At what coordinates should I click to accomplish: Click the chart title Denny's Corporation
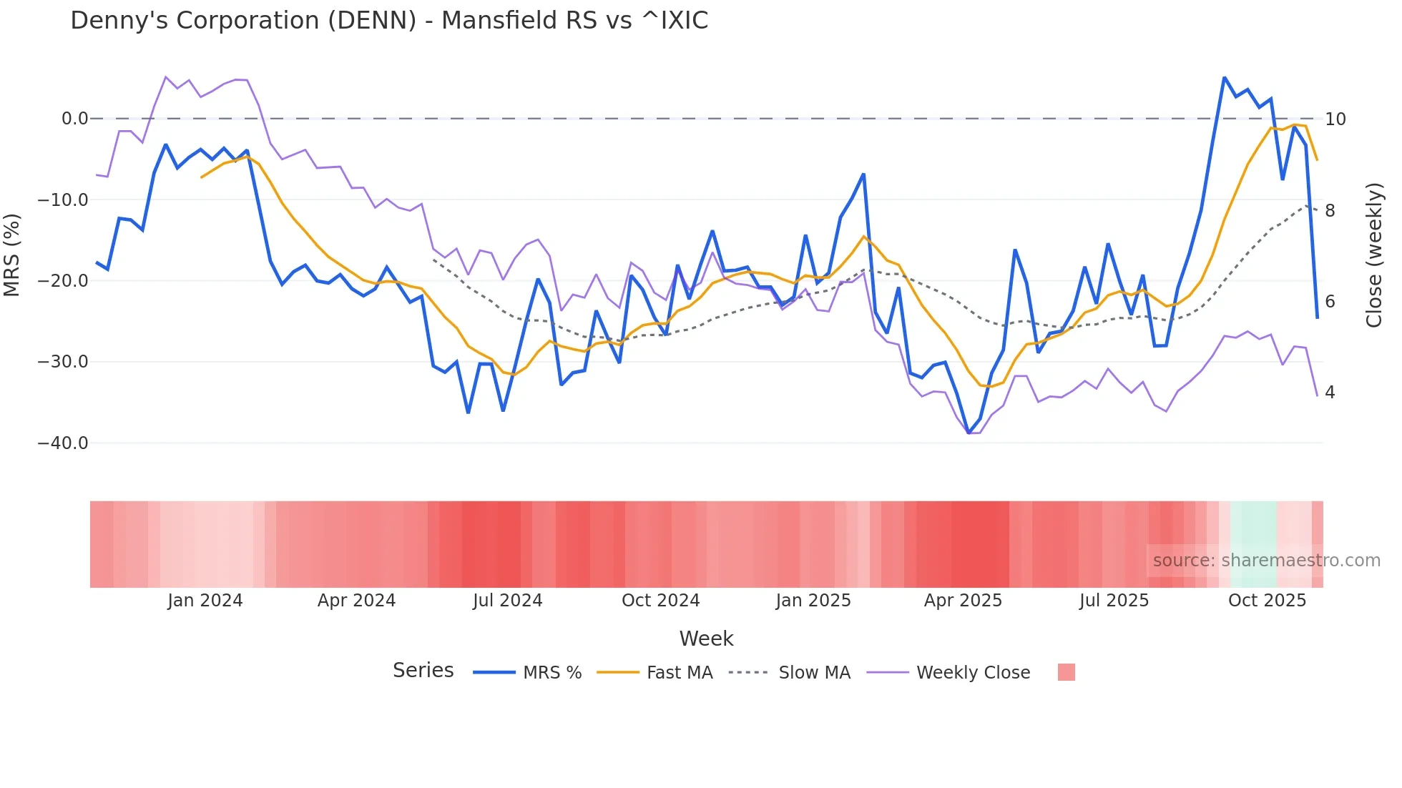point(388,21)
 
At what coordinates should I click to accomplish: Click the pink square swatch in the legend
point(1066,672)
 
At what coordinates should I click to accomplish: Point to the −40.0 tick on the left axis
point(63,443)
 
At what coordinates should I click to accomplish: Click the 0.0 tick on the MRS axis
point(74,119)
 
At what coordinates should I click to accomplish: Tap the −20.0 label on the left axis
point(63,281)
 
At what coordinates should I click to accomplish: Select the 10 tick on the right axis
point(1335,119)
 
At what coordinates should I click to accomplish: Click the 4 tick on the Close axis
point(1330,393)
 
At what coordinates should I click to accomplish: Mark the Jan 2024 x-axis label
point(205,601)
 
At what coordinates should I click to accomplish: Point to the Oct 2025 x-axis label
point(1267,601)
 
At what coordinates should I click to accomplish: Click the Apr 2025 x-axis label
point(963,601)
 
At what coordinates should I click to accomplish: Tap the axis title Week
point(706,639)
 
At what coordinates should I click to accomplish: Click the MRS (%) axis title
point(12,255)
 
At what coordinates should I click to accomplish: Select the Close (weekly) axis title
point(1374,255)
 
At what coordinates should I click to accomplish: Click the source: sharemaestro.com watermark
point(1266,561)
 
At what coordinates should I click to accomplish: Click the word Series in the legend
point(423,671)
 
